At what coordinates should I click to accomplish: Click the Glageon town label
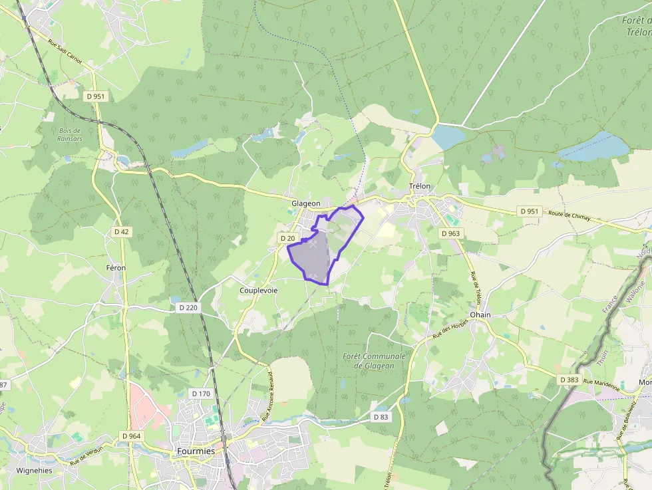pyautogui.click(x=305, y=203)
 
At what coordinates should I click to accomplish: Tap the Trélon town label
pyautogui.click(x=420, y=187)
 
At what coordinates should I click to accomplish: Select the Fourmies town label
pyautogui.click(x=196, y=451)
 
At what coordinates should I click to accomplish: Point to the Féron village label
pyautogui.click(x=115, y=267)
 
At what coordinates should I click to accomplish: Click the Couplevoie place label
pyautogui.click(x=259, y=291)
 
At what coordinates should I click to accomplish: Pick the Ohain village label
pyautogui.click(x=480, y=314)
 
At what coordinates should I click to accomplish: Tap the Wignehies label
pyautogui.click(x=35, y=470)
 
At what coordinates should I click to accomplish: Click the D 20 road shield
pyautogui.click(x=287, y=238)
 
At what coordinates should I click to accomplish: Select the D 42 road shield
pyautogui.click(x=121, y=231)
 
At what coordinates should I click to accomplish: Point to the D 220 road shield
pyautogui.click(x=189, y=308)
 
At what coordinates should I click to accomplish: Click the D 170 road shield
pyautogui.click(x=200, y=394)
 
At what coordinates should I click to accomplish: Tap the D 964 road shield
pyautogui.click(x=132, y=436)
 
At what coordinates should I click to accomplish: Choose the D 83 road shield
pyautogui.click(x=380, y=417)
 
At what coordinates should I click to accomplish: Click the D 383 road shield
pyautogui.click(x=569, y=380)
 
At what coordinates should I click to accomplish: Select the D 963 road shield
pyautogui.click(x=450, y=233)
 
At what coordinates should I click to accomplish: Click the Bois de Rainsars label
pyautogui.click(x=69, y=134)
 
